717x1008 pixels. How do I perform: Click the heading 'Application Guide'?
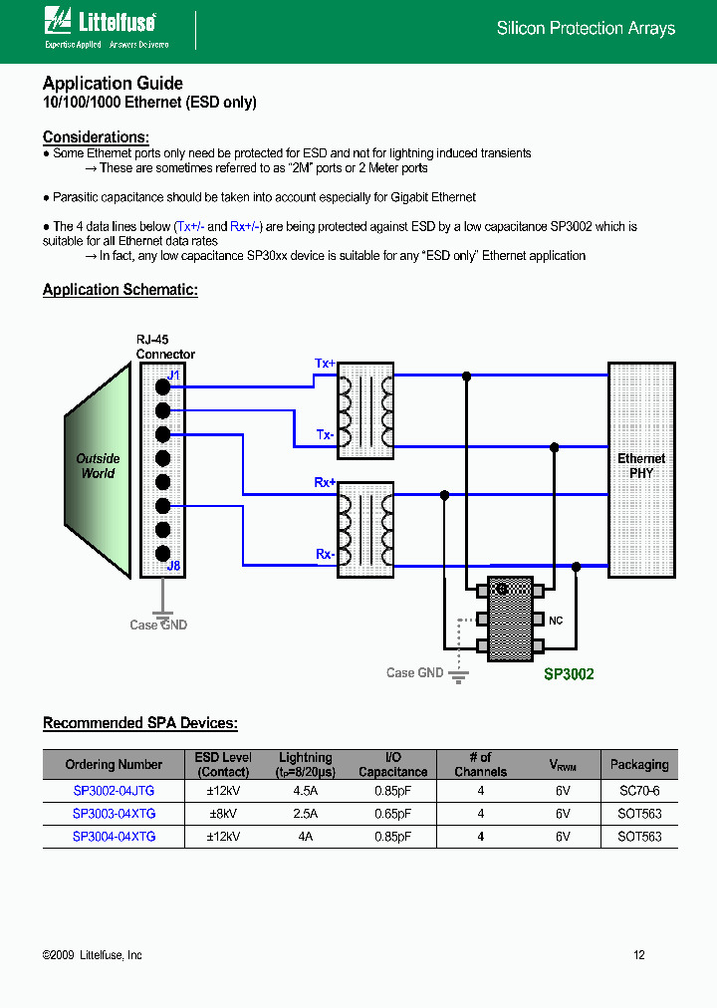pos(113,84)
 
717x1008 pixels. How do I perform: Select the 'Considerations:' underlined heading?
pos(97,137)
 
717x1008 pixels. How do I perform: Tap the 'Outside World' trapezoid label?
pos(98,466)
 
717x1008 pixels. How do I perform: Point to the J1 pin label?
pos(173,376)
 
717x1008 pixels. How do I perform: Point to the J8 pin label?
pos(173,566)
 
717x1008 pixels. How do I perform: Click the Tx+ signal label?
pos(325,364)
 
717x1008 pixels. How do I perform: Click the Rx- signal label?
pos(325,554)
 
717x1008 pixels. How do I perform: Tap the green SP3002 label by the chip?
pos(569,674)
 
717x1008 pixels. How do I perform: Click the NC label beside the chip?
pos(556,621)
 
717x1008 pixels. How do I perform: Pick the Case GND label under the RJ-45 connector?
pos(158,626)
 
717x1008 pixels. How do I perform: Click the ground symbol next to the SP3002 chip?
pos(458,677)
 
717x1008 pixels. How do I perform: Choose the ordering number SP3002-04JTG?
pos(114,790)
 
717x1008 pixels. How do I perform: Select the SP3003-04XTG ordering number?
pos(114,814)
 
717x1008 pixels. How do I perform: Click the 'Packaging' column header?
pos(638,765)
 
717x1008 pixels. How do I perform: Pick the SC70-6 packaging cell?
pos(638,790)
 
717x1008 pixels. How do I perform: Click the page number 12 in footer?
pos(639,955)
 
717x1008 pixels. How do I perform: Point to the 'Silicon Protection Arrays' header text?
pos(586,29)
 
